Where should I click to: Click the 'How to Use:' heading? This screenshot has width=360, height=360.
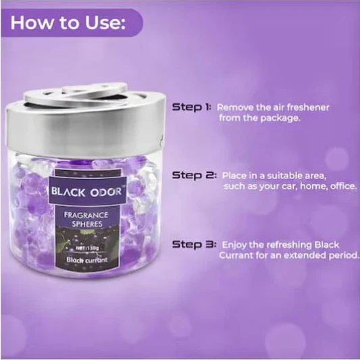tap(68, 22)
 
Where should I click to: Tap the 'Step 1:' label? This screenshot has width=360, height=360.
tap(191, 107)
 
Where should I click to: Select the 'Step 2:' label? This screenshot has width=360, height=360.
tap(195, 176)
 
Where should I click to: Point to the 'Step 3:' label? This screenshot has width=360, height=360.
tap(195, 245)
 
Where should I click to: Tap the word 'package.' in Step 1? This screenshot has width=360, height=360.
tap(280, 118)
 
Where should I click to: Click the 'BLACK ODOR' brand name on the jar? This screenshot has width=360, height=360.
tap(86, 191)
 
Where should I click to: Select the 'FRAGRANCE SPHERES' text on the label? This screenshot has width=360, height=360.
tap(86, 220)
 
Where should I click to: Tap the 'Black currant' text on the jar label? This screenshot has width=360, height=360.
tap(86, 260)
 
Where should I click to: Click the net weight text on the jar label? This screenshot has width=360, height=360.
tap(87, 248)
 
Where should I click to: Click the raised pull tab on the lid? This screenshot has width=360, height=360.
tap(94, 90)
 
